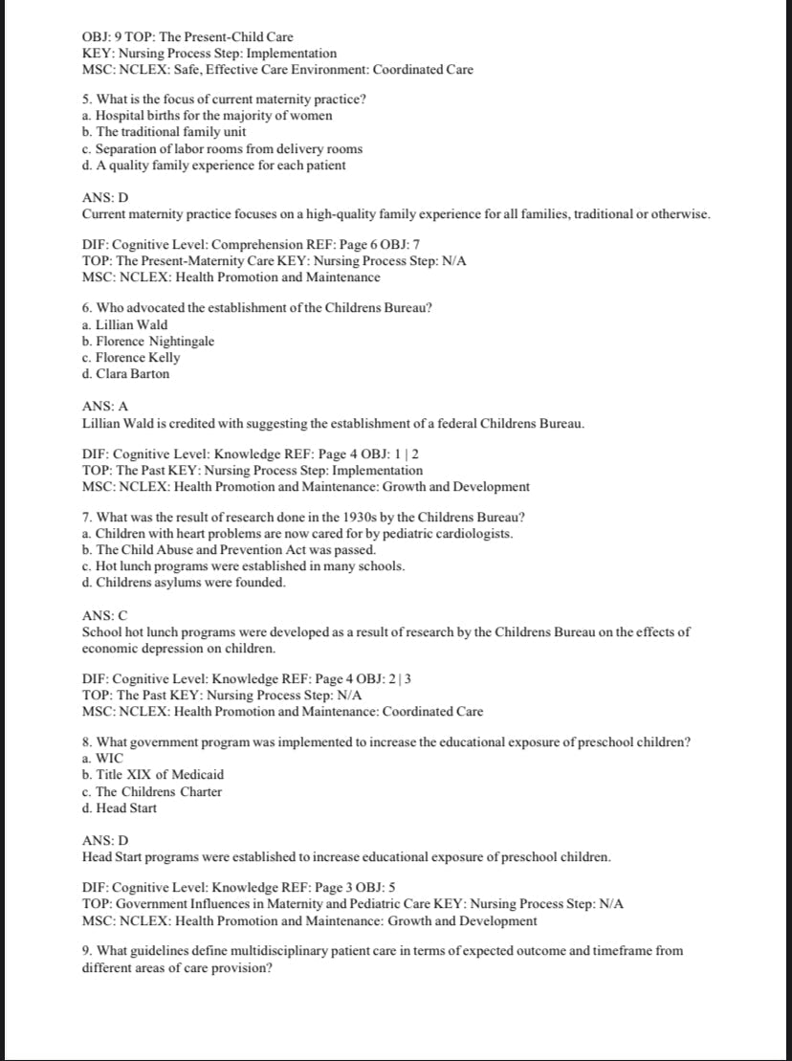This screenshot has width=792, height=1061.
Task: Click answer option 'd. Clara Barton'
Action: point(126,374)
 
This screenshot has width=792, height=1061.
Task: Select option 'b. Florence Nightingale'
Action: point(148,342)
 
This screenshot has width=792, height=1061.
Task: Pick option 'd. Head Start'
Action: point(121,808)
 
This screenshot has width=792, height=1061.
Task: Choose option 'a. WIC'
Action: point(103,759)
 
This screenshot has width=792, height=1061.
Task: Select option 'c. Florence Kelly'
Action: point(131,358)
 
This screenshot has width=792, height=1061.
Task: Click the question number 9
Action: point(88,951)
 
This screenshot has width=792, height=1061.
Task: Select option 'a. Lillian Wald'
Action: point(125,325)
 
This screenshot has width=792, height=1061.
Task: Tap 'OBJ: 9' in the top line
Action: point(102,37)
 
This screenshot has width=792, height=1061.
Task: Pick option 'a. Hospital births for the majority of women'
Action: point(208,116)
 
